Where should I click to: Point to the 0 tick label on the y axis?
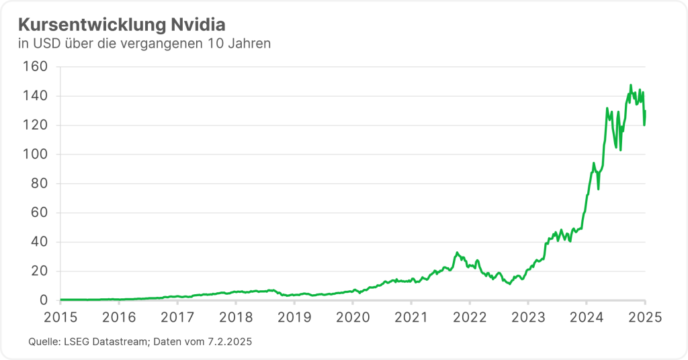(42, 300)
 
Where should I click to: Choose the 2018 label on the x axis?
(236, 317)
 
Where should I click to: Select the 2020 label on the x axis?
(353, 317)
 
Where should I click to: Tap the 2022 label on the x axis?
(470, 317)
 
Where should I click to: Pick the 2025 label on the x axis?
(645, 317)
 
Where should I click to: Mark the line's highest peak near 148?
(630, 85)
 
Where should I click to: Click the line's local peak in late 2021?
(457, 253)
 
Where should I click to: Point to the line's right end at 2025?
(645, 111)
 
